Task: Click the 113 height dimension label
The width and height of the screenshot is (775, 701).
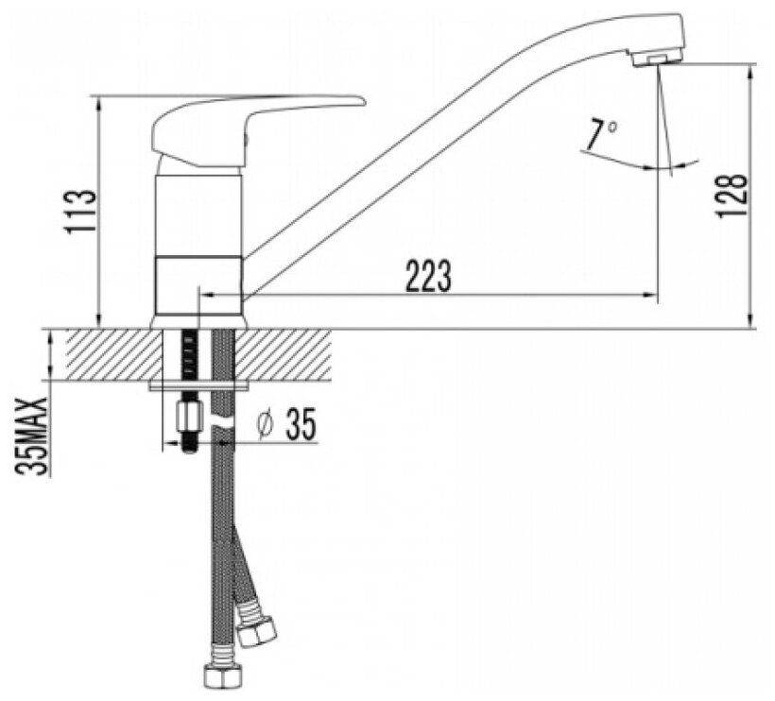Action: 81,212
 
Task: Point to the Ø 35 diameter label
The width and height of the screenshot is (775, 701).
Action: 286,424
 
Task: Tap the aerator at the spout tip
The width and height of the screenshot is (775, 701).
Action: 656,60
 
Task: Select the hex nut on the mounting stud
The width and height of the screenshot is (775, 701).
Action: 189,417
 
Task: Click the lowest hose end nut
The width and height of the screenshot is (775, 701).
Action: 223,674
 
